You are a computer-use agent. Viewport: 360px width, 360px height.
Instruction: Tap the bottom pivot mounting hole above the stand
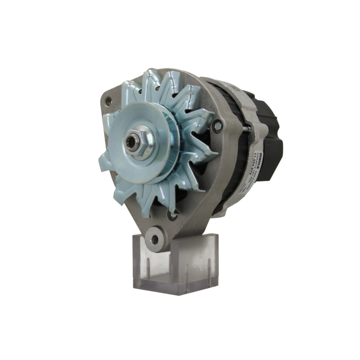(x=155, y=239)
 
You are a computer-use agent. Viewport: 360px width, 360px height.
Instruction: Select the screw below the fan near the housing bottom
(x=172, y=215)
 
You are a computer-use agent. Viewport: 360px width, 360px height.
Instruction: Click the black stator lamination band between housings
(x=230, y=151)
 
